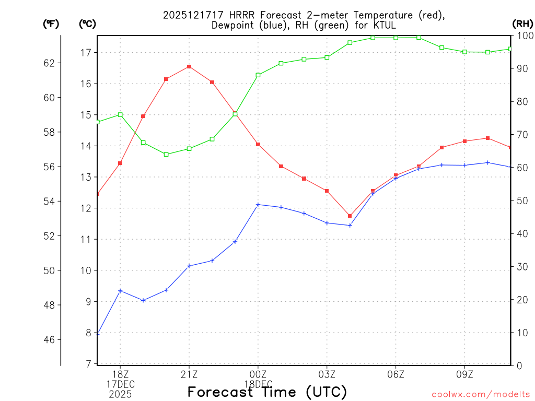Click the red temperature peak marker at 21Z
(x=189, y=67)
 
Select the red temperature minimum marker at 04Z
(x=350, y=216)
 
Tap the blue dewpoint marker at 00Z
(x=258, y=205)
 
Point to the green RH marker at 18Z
(x=120, y=114)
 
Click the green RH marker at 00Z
(x=258, y=75)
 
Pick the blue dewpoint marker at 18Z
(x=120, y=291)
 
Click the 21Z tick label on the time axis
(x=189, y=374)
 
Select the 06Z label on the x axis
(x=396, y=374)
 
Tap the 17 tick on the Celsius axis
(x=86, y=53)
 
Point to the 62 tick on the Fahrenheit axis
(x=49, y=63)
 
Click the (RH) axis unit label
(x=522, y=23)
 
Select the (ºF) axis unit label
(x=50, y=23)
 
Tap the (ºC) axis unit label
(x=87, y=23)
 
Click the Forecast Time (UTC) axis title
(x=267, y=392)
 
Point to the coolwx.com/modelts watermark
(x=480, y=395)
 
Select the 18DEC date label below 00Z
(x=258, y=384)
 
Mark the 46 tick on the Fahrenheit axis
(x=49, y=340)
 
